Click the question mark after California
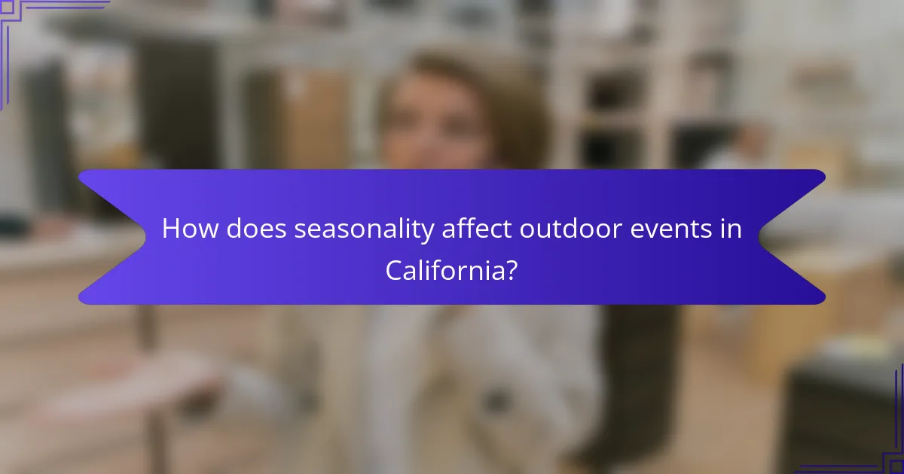[511, 270]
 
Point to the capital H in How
[171, 229]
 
